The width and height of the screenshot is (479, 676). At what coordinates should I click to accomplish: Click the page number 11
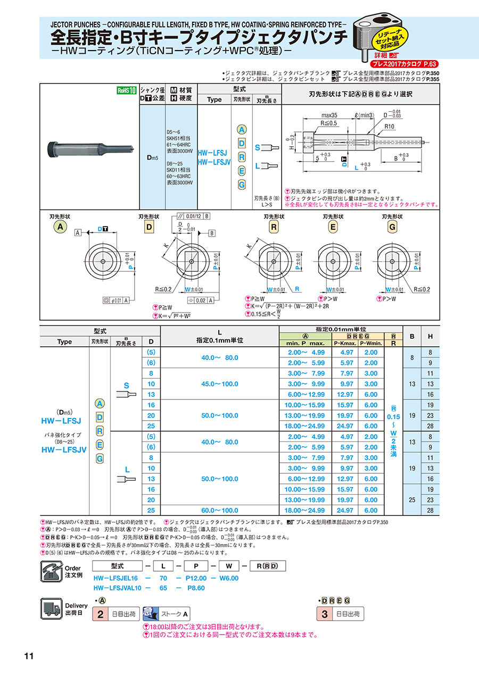(x=29, y=656)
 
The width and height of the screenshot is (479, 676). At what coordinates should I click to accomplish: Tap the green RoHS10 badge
(x=127, y=90)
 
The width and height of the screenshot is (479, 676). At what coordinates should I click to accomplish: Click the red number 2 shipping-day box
(x=100, y=614)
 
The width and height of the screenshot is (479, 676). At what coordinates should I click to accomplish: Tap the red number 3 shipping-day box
(x=324, y=614)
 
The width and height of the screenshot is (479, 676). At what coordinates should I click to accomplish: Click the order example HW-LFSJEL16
(x=115, y=578)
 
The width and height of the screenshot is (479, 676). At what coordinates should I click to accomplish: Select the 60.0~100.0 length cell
(x=220, y=510)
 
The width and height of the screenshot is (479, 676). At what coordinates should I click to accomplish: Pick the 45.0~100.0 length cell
(x=220, y=383)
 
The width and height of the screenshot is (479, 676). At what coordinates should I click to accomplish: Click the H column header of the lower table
(x=430, y=336)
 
